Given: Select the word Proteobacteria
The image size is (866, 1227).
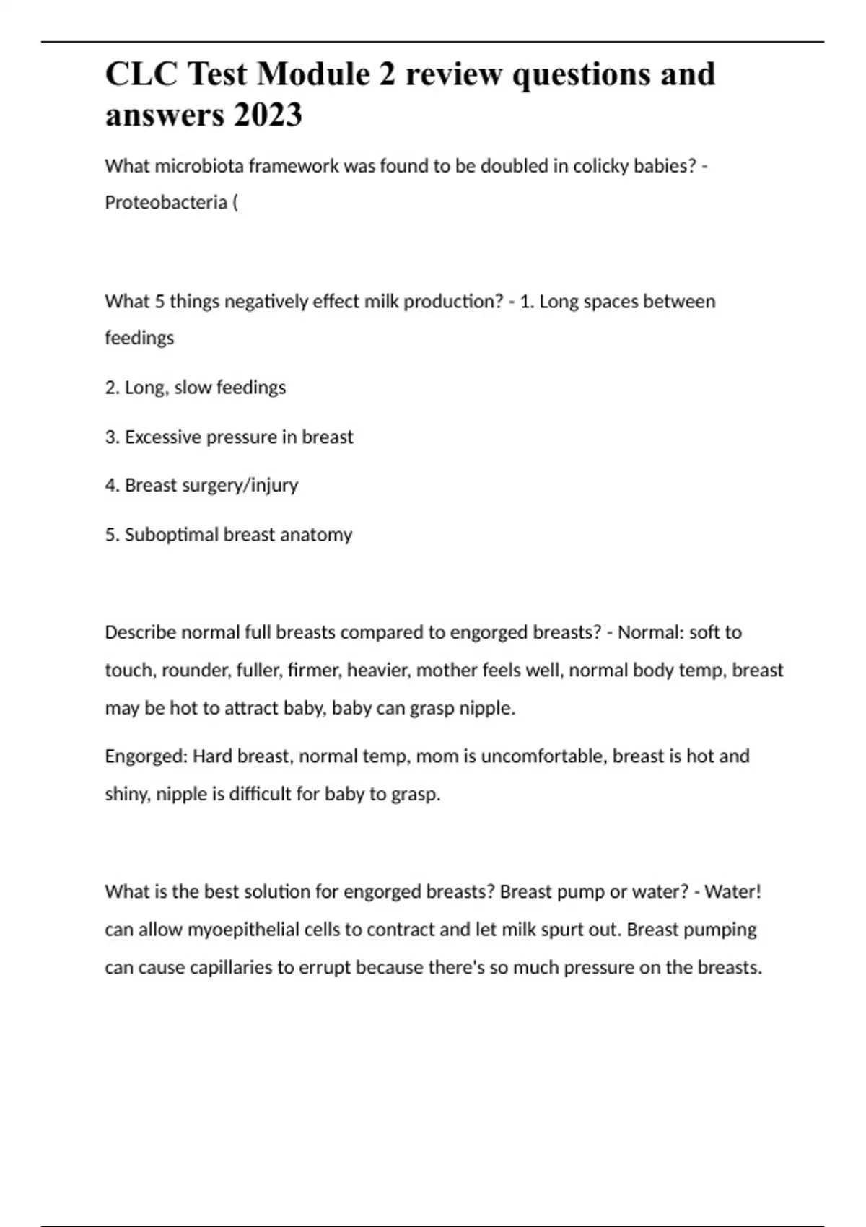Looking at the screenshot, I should tap(166, 203).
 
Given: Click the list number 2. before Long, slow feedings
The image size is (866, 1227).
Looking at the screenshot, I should tap(112, 388).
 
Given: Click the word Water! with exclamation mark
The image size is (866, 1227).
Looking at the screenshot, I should tap(732, 891).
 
